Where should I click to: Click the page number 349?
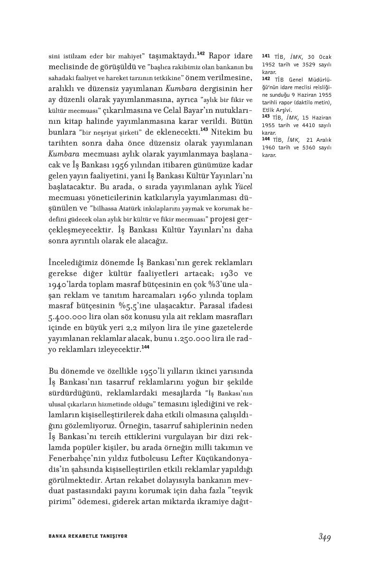click(x=324, y=537)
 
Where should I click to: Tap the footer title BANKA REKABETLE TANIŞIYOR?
click(x=88, y=536)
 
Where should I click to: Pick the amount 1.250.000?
click(x=206, y=339)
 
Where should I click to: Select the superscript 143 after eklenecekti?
click(x=204, y=129)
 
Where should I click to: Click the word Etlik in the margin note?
click(x=269, y=109)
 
